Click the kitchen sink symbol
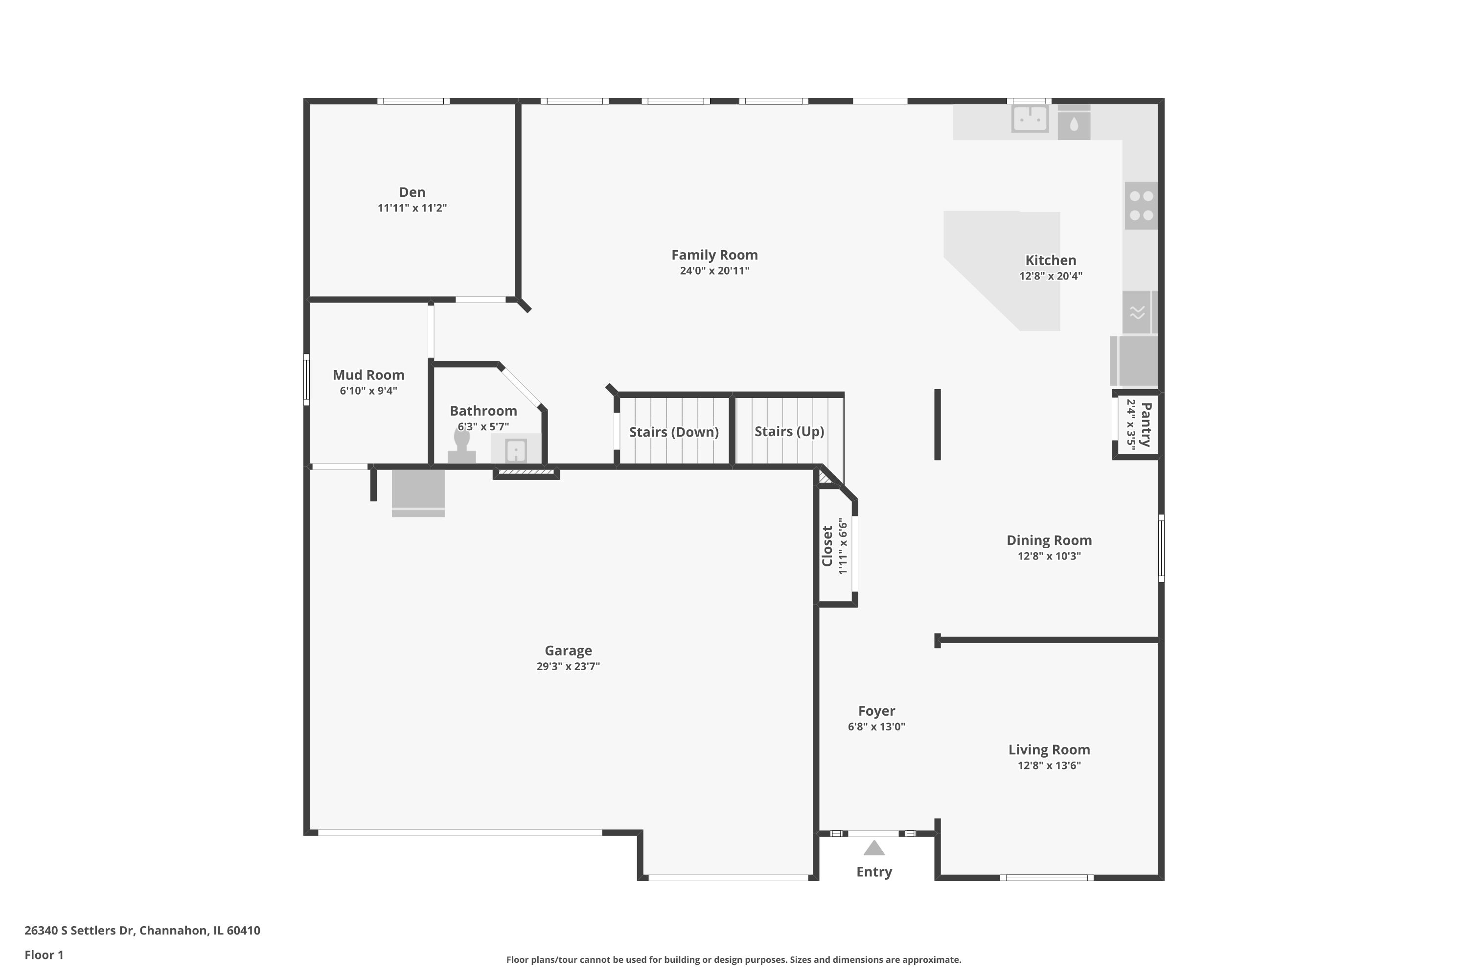point(1030,118)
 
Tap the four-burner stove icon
point(1141,206)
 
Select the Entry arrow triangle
point(874,848)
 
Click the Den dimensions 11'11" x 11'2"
point(412,208)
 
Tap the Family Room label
point(714,255)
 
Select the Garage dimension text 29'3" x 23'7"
point(568,666)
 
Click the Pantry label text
point(1146,424)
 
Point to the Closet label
point(827,546)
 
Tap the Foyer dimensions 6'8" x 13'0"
point(876,727)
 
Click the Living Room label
point(1049,749)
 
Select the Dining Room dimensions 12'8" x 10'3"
point(1049,556)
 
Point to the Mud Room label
point(368,374)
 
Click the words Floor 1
point(44,955)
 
